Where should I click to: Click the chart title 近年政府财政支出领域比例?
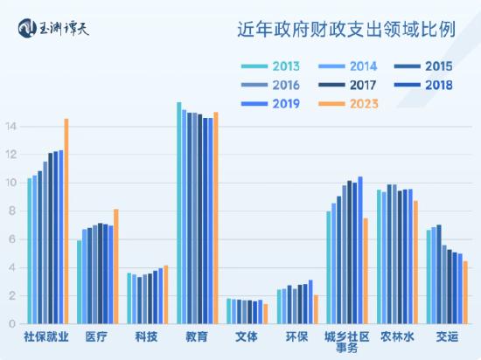tap(346, 30)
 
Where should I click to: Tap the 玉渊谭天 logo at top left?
tap(53, 29)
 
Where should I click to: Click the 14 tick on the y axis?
tap(11, 127)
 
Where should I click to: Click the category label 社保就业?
tap(47, 337)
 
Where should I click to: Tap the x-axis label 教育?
tap(197, 337)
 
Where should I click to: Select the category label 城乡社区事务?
tap(346, 343)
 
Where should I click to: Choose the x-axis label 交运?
tap(446, 337)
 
